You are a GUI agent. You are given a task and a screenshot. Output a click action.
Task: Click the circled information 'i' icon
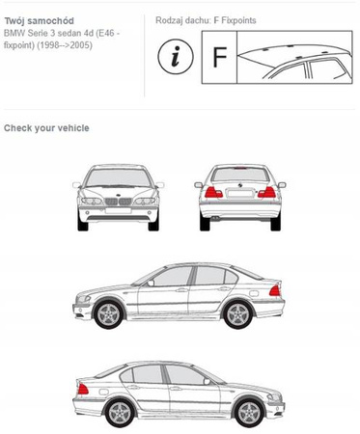pyautogui.click(x=176, y=57)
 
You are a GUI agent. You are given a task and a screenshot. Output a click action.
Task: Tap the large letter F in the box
pyautogui.click(x=220, y=57)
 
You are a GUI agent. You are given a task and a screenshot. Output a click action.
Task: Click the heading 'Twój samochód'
pyautogui.click(x=39, y=21)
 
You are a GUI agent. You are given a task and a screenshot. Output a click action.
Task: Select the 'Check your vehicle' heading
pyautogui.click(x=46, y=128)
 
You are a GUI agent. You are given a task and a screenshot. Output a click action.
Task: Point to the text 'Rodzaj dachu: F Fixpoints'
pyautogui.click(x=206, y=20)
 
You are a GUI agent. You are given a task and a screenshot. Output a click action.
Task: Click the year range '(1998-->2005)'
pyautogui.click(x=65, y=45)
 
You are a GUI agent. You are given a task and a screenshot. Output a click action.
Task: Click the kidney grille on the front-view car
pyautogui.click(x=118, y=202)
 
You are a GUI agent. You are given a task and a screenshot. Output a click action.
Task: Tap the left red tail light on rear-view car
pyautogui.click(x=213, y=192)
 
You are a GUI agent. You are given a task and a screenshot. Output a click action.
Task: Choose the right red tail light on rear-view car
pyautogui.click(x=266, y=192)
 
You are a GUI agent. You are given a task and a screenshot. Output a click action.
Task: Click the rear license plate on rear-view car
pyautogui.click(x=239, y=194)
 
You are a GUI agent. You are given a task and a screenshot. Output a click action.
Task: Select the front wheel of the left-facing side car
pyautogui.click(x=108, y=314)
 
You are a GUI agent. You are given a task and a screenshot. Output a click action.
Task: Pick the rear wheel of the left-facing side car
pyautogui.click(x=238, y=314)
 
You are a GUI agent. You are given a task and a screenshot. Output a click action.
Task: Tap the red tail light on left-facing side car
pyautogui.click(x=275, y=290)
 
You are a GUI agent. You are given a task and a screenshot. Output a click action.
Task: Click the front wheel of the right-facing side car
pyautogui.click(x=249, y=413)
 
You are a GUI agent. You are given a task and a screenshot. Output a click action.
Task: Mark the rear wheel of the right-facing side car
pyautogui.click(x=120, y=414)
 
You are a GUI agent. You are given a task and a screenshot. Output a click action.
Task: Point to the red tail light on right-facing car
pyautogui.click(x=83, y=389)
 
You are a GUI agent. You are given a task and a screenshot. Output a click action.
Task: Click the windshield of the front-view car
pyautogui.click(x=118, y=177)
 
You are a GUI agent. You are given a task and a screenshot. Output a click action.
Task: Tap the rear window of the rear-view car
pyautogui.click(x=240, y=175)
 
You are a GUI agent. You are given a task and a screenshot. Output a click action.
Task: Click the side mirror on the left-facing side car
pyautogui.click(x=151, y=284)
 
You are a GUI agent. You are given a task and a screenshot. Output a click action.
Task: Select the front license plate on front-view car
pyautogui.click(x=118, y=211)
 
